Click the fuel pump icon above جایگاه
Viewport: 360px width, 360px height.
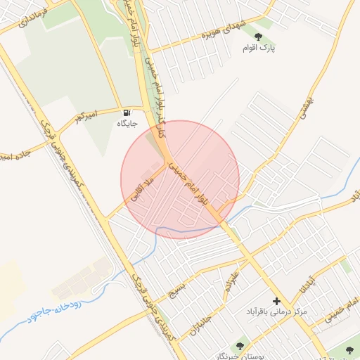(127, 112)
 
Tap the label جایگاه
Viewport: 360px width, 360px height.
(127, 124)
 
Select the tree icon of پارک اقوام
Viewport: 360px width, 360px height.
(258, 37)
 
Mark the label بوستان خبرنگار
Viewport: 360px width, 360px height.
(239, 356)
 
